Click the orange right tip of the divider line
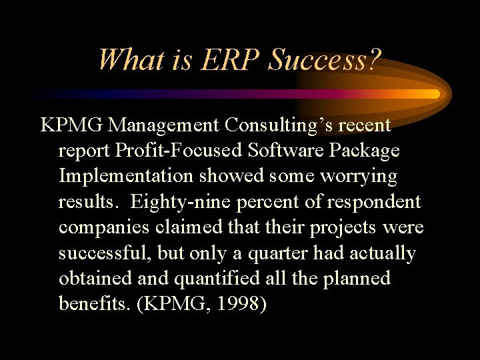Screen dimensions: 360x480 [x=435, y=94]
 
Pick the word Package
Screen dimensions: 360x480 [x=366, y=151]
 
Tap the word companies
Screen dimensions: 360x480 [x=104, y=227]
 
